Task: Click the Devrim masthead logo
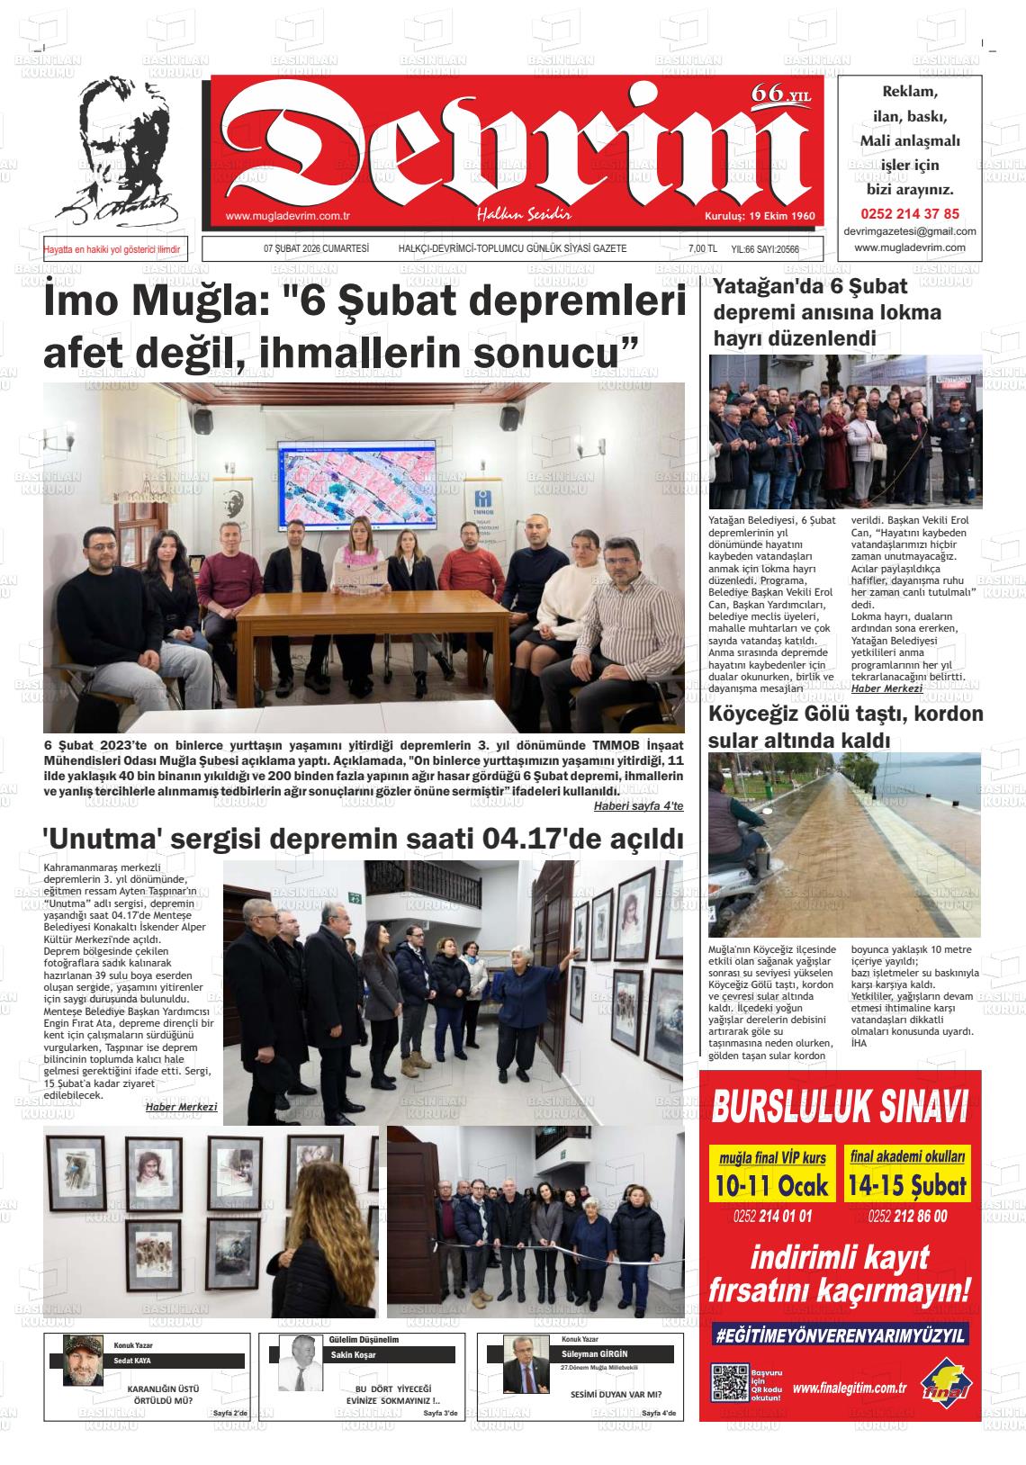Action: pos(514,148)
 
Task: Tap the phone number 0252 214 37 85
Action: pos(910,214)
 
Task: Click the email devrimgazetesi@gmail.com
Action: pos(910,231)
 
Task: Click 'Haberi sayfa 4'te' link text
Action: pos(638,805)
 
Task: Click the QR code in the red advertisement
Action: pos(728,1381)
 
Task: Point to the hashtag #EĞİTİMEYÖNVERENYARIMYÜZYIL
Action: pos(840,1335)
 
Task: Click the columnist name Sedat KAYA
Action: pos(133,1361)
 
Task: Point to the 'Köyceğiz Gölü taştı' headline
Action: pos(846,715)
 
